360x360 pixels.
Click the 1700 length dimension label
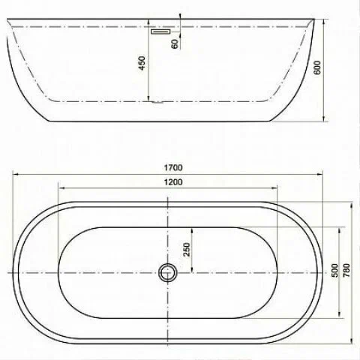[x=173, y=167]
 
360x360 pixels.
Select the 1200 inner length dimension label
[x=173, y=182]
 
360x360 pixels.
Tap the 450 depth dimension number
[x=142, y=63]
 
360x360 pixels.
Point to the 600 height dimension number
[x=317, y=67]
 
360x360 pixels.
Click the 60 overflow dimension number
[x=175, y=44]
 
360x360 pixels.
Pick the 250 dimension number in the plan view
[x=187, y=250]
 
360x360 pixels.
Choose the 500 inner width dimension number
[x=334, y=270]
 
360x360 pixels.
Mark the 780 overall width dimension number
[x=346, y=270]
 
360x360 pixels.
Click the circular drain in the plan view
[x=167, y=272]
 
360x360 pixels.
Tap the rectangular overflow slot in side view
[x=160, y=31]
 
